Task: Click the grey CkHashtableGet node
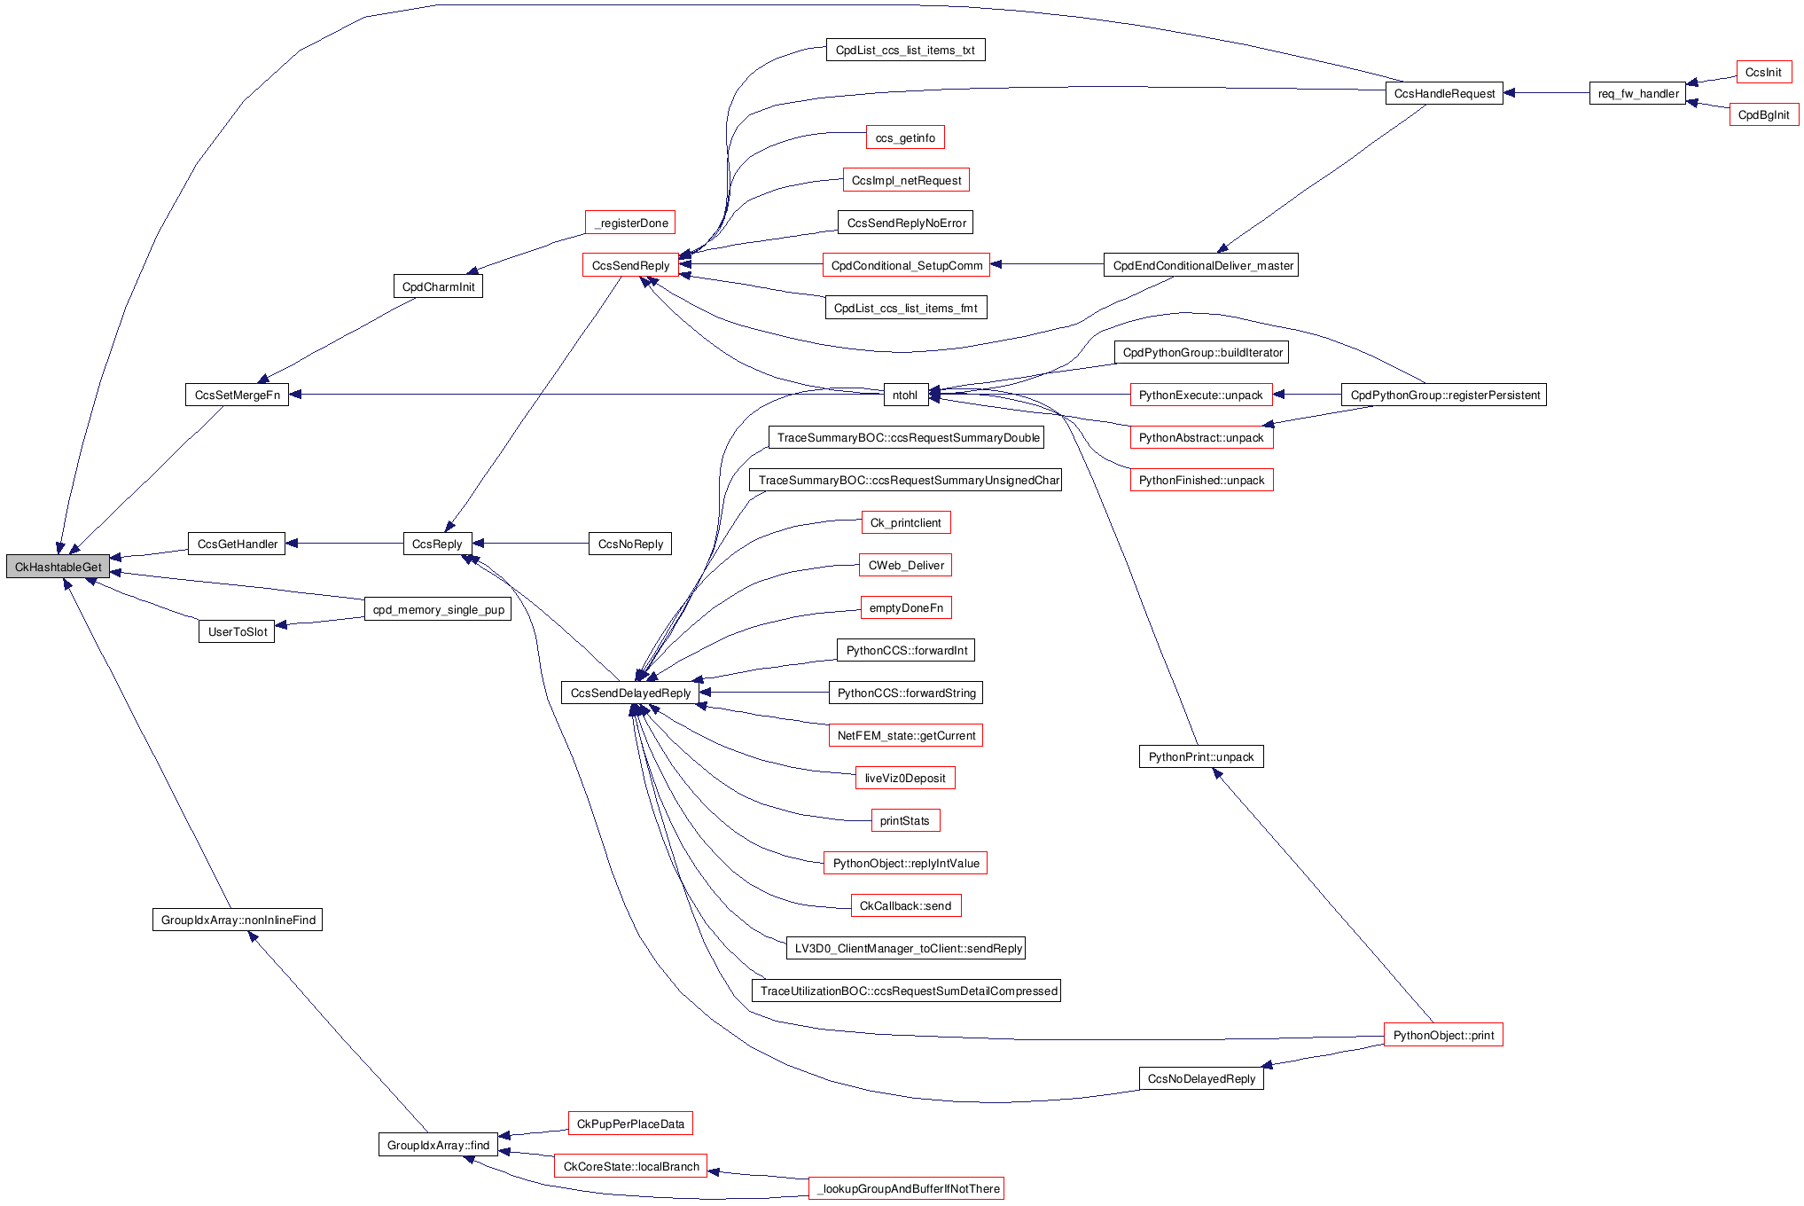tap(58, 567)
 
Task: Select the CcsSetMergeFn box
tap(237, 395)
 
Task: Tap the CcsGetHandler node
tap(237, 544)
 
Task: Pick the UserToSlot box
tap(237, 631)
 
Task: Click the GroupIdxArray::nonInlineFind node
tap(238, 920)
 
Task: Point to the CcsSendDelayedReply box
tap(630, 693)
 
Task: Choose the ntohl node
tap(905, 395)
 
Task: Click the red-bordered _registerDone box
tap(630, 223)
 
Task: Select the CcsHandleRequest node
tap(1443, 93)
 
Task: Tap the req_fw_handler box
tap(1637, 93)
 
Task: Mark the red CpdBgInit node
tap(1763, 114)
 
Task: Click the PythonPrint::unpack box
tap(1200, 756)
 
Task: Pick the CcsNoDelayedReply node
tap(1200, 1078)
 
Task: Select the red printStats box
tap(904, 820)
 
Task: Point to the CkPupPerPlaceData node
tap(630, 1124)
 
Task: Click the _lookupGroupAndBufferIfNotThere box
tap(906, 1188)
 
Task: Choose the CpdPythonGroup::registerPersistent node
tap(1444, 395)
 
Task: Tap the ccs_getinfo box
tap(904, 137)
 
